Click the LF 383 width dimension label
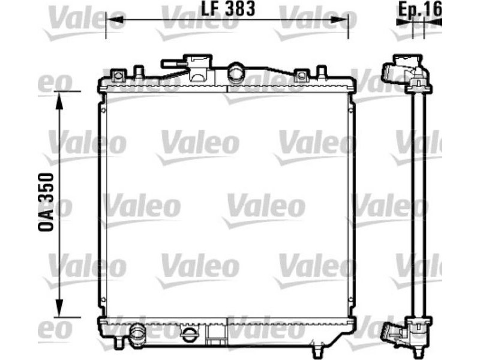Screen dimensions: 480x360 pyautogui.click(x=228, y=8)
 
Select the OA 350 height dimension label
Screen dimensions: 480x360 pyautogui.click(x=46, y=202)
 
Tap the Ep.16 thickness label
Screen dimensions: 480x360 pyautogui.click(x=420, y=9)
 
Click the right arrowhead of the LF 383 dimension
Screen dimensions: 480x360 pyautogui.click(x=339, y=20)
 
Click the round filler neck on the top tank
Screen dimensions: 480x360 pyautogui.click(x=235, y=73)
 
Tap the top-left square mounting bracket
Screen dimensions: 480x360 pyautogui.click(x=118, y=76)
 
